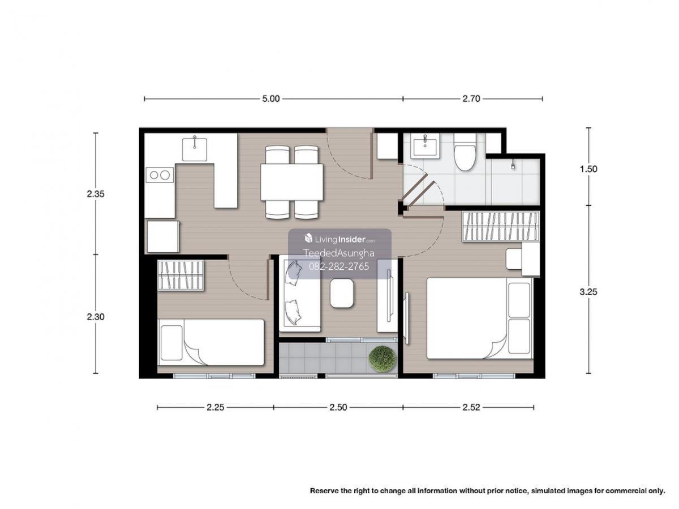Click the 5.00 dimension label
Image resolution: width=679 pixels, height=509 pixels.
point(270,98)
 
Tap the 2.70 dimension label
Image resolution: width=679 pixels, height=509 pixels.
point(471,98)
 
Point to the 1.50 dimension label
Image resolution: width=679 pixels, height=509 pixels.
point(588,169)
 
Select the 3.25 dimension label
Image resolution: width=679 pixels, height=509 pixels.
point(588,292)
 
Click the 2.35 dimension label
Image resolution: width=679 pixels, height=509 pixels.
point(96,194)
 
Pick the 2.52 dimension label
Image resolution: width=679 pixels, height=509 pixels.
point(471,407)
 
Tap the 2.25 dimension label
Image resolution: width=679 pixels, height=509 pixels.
point(216,407)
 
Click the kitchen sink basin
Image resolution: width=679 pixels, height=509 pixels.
point(194,149)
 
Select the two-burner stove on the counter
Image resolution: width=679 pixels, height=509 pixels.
point(160,175)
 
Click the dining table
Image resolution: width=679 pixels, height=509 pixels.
point(292,182)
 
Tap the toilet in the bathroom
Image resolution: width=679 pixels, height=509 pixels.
point(465,153)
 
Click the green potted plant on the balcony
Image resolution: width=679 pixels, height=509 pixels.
point(383,359)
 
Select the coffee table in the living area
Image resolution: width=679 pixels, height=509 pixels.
point(342,293)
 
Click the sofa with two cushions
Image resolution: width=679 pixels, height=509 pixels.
point(299,294)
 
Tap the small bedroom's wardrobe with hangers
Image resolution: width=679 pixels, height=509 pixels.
point(181,275)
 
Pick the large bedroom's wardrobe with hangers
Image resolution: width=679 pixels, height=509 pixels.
point(500,226)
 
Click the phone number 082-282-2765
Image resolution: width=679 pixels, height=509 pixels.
point(339,266)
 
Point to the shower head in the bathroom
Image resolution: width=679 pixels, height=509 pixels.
point(513,165)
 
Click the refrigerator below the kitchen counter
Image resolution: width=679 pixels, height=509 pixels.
point(163,236)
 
